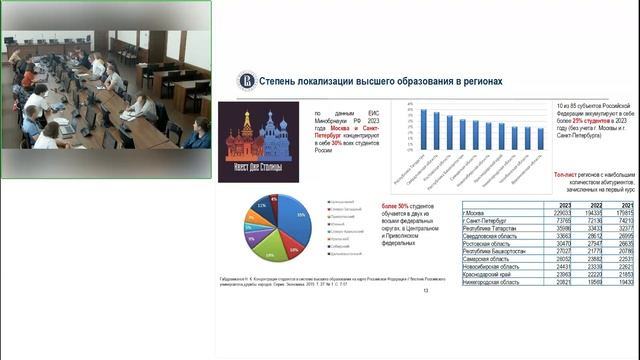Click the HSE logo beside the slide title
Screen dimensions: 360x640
point(246,80)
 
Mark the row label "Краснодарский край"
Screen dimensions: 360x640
point(489,275)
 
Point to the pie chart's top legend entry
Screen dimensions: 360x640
point(340,201)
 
